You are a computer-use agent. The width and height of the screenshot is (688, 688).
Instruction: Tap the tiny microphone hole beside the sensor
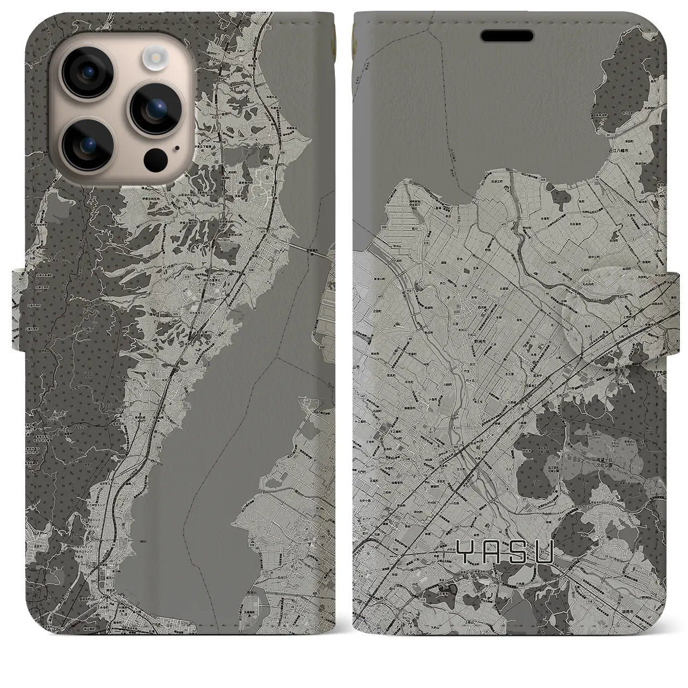(177, 147)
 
